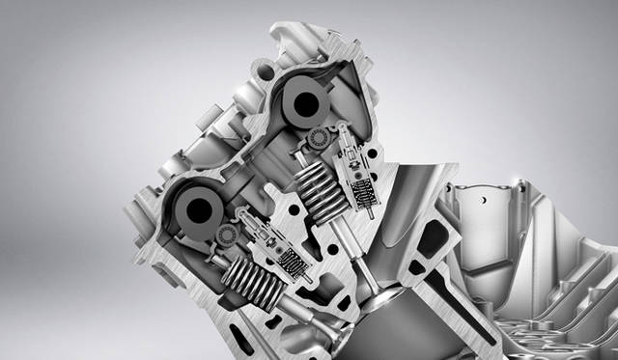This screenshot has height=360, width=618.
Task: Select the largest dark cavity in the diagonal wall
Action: [x=434, y=238]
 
